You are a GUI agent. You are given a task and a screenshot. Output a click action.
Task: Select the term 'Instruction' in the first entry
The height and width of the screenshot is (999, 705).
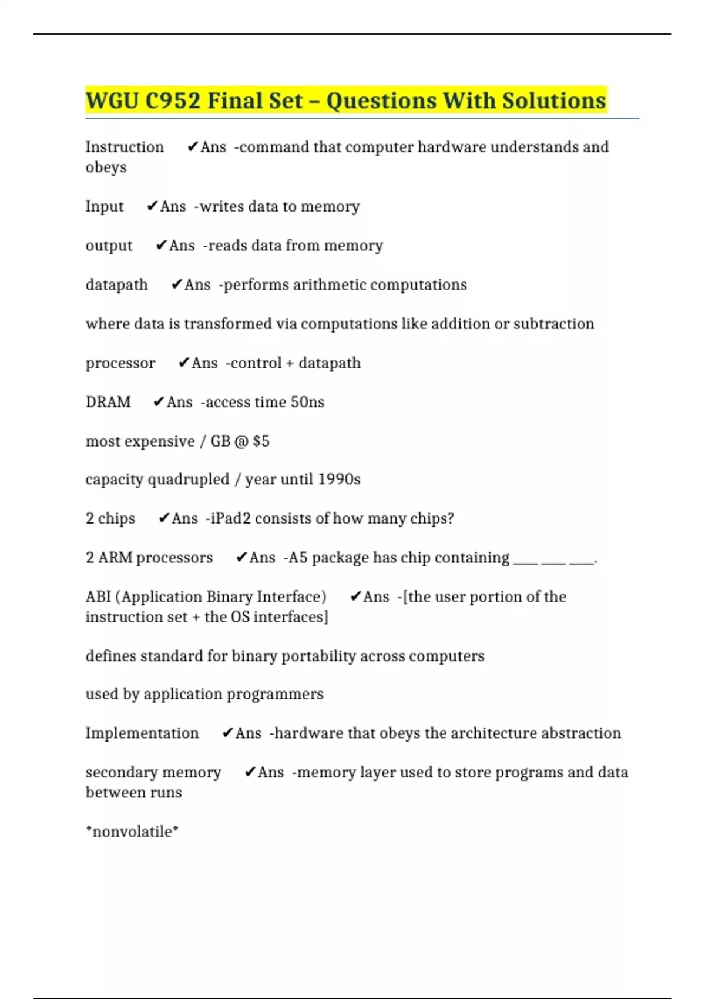pyautogui.click(x=125, y=147)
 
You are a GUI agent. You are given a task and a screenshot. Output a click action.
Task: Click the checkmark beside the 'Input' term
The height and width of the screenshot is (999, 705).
pyautogui.click(x=152, y=206)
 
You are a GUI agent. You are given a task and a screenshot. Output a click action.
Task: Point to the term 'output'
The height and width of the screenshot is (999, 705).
pyautogui.click(x=109, y=246)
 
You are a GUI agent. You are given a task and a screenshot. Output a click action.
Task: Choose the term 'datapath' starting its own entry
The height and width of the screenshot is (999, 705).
pyautogui.click(x=117, y=285)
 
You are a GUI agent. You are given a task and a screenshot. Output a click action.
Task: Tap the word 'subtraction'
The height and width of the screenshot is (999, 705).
pyautogui.click(x=553, y=324)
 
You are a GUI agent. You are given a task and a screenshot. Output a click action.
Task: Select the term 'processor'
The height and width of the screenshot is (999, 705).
pyautogui.click(x=120, y=363)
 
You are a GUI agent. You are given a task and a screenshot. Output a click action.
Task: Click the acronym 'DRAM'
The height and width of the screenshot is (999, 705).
pyautogui.click(x=108, y=402)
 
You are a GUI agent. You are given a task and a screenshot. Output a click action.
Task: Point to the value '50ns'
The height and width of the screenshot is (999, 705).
pyautogui.click(x=307, y=402)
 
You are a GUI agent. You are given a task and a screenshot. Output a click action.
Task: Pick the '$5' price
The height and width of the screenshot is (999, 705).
pyautogui.click(x=261, y=441)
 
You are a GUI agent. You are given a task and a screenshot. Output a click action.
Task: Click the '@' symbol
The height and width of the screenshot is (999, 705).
pyautogui.click(x=241, y=441)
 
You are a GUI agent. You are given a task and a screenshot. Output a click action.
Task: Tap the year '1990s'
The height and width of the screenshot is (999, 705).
pyautogui.click(x=339, y=480)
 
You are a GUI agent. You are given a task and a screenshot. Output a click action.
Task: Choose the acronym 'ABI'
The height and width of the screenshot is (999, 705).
pyautogui.click(x=98, y=597)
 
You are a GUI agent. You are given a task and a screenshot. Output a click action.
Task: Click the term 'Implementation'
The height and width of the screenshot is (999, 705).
pyautogui.click(x=142, y=733)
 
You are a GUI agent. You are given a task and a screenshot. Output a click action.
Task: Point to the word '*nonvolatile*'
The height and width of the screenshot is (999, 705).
pyautogui.click(x=132, y=832)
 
